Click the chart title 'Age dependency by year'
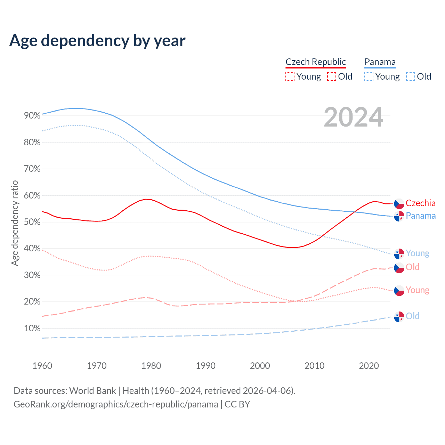tap(97, 41)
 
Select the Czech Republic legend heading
tap(316, 62)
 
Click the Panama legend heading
tap(380, 62)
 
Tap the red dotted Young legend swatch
tap(290, 76)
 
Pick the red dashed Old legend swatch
tap(332, 76)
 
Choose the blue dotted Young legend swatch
tap(369, 76)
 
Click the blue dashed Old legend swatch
tap(411, 76)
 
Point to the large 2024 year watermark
tap(353, 118)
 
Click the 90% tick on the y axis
tap(32, 116)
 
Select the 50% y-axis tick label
tap(32, 222)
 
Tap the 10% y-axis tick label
tap(32, 328)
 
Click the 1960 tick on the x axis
tap(42, 366)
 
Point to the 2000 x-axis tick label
tap(260, 366)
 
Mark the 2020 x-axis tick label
tap(369, 366)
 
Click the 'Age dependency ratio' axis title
tap(15, 223)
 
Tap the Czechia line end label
tap(420, 203)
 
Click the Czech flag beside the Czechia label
tap(399, 204)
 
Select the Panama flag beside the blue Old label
tap(399, 317)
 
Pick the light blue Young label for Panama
tap(417, 253)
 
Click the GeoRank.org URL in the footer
tap(116, 404)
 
